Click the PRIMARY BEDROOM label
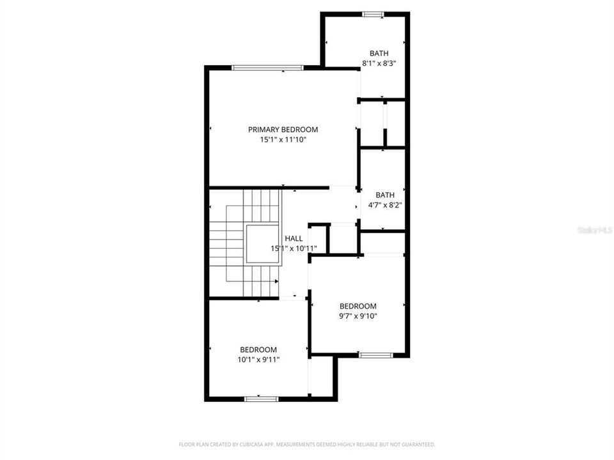pos(283,129)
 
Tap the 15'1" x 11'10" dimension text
pos(283,139)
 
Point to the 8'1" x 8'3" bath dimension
pos(379,63)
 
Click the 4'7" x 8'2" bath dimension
pos(385,205)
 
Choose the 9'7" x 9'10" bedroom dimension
pos(358,316)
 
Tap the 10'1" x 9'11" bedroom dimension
pos(258,359)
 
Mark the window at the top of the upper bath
pos(372,13)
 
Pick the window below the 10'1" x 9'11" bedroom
pos(261,399)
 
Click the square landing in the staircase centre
pos(261,243)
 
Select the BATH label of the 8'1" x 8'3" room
pos(379,53)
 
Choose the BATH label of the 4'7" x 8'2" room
pos(385,195)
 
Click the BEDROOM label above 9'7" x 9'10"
pos(358,306)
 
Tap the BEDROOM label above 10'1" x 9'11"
pos(258,349)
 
